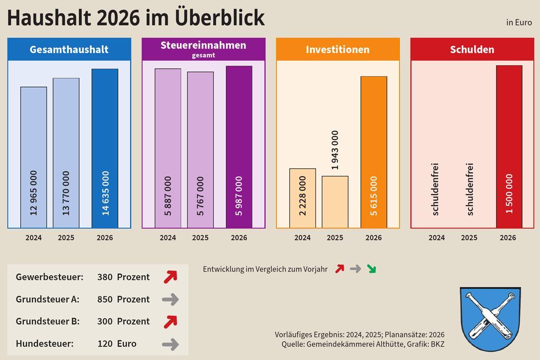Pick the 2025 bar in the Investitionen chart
(x=335, y=202)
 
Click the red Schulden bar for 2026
(x=509, y=147)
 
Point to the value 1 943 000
(x=335, y=150)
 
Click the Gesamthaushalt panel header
(x=69, y=49)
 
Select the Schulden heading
(x=472, y=49)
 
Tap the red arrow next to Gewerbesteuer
(x=170, y=277)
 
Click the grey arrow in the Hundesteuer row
(x=170, y=344)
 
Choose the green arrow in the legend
(x=371, y=269)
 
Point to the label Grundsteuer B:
(x=47, y=321)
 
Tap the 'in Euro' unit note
(x=519, y=22)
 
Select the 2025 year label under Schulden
(x=469, y=238)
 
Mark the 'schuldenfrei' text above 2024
(x=436, y=189)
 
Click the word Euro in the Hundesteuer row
(x=126, y=344)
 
